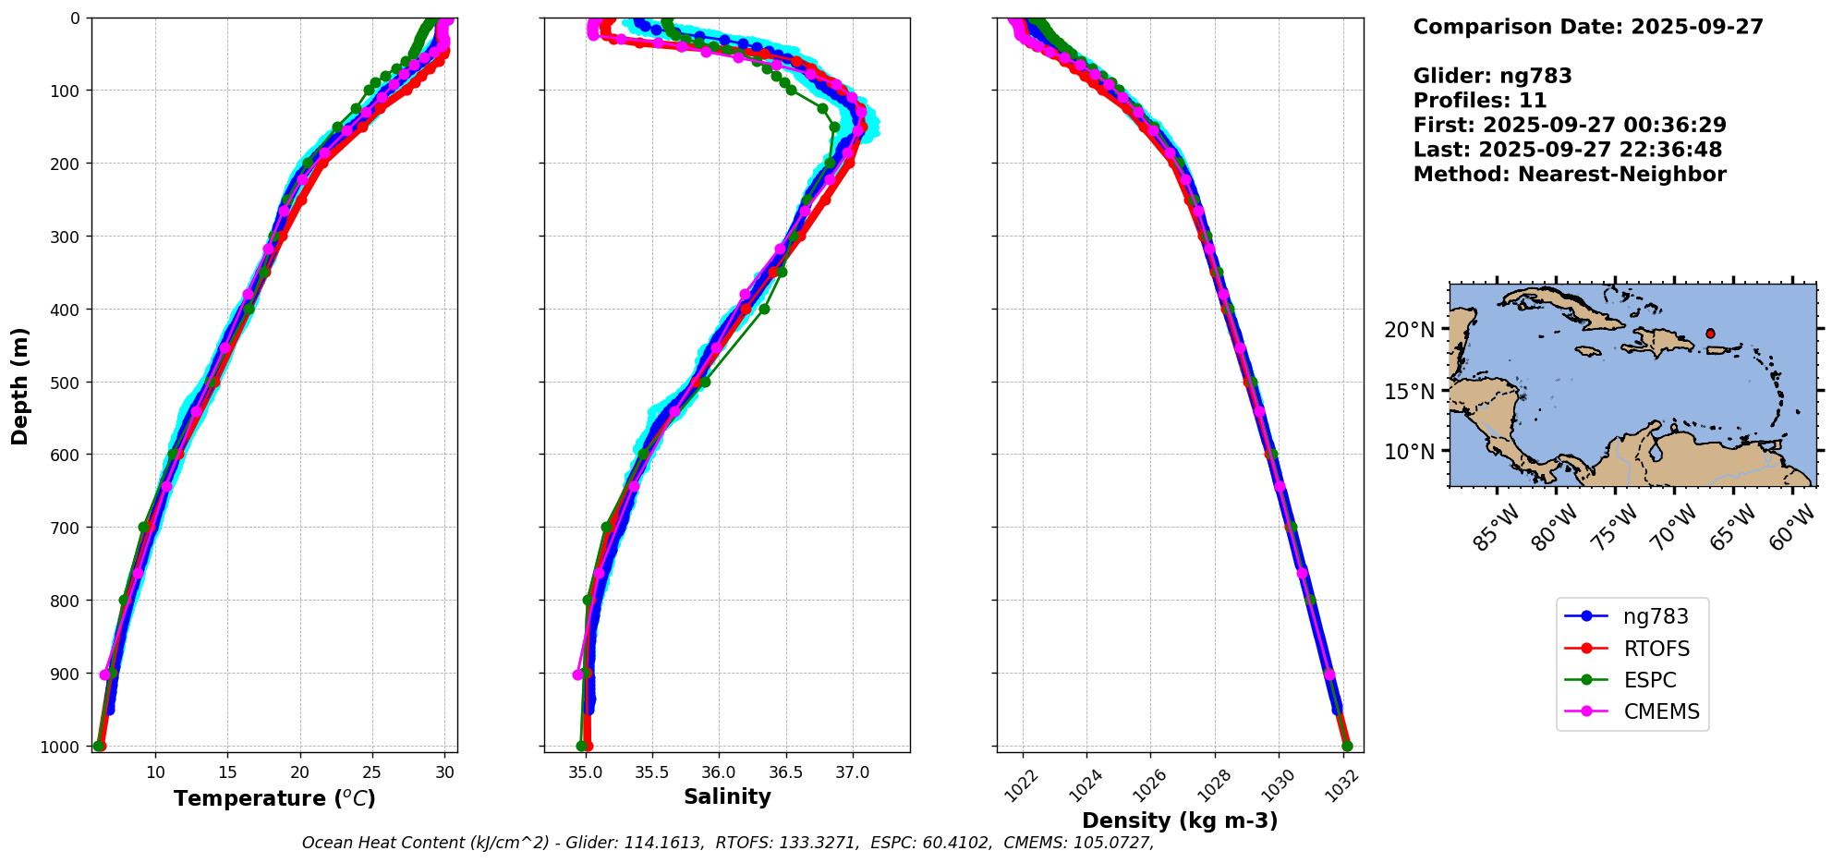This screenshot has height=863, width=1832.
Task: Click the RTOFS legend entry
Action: [x=1649, y=649]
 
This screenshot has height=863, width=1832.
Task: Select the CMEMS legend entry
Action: [x=1660, y=711]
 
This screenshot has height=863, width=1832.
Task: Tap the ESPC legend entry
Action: [x=1649, y=680]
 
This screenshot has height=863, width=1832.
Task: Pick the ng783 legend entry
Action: [x=1655, y=617]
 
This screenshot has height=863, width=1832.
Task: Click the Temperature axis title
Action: [x=274, y=798]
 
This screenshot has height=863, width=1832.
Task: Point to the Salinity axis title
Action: [x=727, y=796]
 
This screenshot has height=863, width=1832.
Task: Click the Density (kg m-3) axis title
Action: [x=1180, y=820]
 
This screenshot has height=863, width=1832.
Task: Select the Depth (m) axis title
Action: [x=20, y=385]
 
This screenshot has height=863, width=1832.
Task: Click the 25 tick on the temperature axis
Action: [x=371, y=772]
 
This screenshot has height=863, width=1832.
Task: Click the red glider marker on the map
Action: [x=1710, y=334]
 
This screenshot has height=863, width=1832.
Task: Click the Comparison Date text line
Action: [x=1588, y=27]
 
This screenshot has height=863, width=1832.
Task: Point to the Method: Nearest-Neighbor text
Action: [x=1570, y=174]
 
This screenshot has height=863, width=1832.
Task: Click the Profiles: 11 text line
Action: [x=1480, y=100]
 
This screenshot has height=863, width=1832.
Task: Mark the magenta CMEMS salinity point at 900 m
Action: [x=578, y=675]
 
